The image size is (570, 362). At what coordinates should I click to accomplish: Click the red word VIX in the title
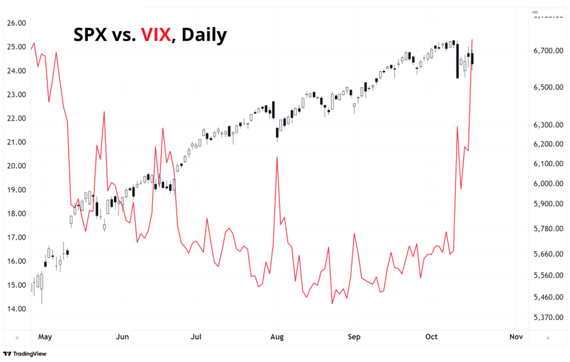pyautogui.click(x=156, y=35)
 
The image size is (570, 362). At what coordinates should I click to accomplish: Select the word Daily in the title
pyautogui.click(x=204, y=35)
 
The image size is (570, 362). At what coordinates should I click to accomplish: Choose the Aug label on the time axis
pyautogui.click(x=277, y=337)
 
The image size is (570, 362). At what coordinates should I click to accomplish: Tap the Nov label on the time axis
pyautogui.click(x=515, y=337)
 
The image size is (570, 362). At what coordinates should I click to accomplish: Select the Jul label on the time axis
pyautogui.click(x=196, y=337)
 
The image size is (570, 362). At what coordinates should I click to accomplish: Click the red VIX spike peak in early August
pyautogui.click(x=277, y=157)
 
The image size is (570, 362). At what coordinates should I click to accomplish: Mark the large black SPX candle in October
pyautogui.click(x=457, y=61)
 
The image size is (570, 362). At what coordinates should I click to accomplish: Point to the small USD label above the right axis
pyautogui.click(x=535, y=12)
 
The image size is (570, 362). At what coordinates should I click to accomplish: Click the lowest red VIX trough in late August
pyautogui.click(x=332, y=303)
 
